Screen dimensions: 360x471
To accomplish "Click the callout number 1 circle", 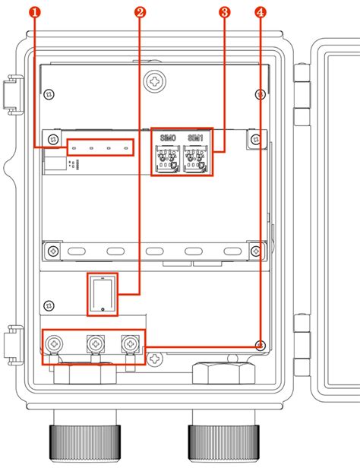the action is [36, 13].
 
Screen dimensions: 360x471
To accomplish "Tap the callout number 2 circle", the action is [140, 13].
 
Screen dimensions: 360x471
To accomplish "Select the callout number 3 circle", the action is [225, 13].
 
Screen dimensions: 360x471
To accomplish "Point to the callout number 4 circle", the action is [261, 13].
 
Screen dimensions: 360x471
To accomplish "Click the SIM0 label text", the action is [168, 138].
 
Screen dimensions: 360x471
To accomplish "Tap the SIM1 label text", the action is [195, 138].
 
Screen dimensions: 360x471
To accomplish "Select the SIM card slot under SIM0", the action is [168, 159].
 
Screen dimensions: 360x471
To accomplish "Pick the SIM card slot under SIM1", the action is [195, 159].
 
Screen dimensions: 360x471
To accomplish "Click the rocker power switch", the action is [103, 295].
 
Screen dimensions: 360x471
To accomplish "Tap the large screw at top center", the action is [155, 81].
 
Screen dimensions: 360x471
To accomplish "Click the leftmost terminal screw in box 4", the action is [54, 343].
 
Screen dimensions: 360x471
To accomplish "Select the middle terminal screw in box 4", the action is [96, 343].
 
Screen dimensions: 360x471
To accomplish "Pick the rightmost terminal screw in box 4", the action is [131, 343].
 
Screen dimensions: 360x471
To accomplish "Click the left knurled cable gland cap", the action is [85, 443].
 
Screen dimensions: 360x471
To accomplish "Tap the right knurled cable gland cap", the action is [224, 443].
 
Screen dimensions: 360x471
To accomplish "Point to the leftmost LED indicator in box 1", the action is [74, 148].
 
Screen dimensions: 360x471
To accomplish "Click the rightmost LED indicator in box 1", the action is [126, 148].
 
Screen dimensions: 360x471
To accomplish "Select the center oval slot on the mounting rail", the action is [155, 251].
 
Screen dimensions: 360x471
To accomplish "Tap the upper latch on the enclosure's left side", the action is [13, 95].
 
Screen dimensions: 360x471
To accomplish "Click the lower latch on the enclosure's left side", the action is [13, 346].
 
